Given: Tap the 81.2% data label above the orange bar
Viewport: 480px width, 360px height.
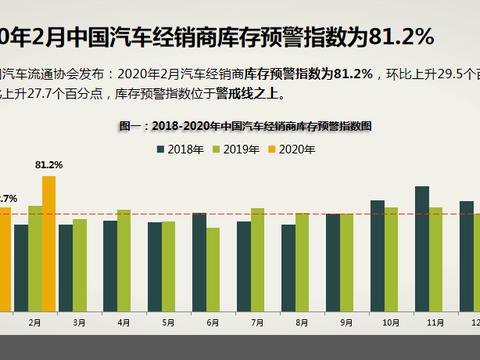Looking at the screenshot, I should (48, 164).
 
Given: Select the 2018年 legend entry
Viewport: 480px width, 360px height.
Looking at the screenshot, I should (181, 150).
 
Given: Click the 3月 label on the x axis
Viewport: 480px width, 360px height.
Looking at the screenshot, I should (79, 323).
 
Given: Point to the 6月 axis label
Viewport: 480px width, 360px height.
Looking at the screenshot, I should (212, 323).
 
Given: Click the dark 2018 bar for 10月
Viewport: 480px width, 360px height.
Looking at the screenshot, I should (377, 253).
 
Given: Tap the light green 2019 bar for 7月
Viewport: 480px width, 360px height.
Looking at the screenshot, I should (258, 258).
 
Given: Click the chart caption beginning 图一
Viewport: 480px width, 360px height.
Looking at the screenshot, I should (246, 127).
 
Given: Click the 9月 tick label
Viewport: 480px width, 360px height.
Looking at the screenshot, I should (346, 323).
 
